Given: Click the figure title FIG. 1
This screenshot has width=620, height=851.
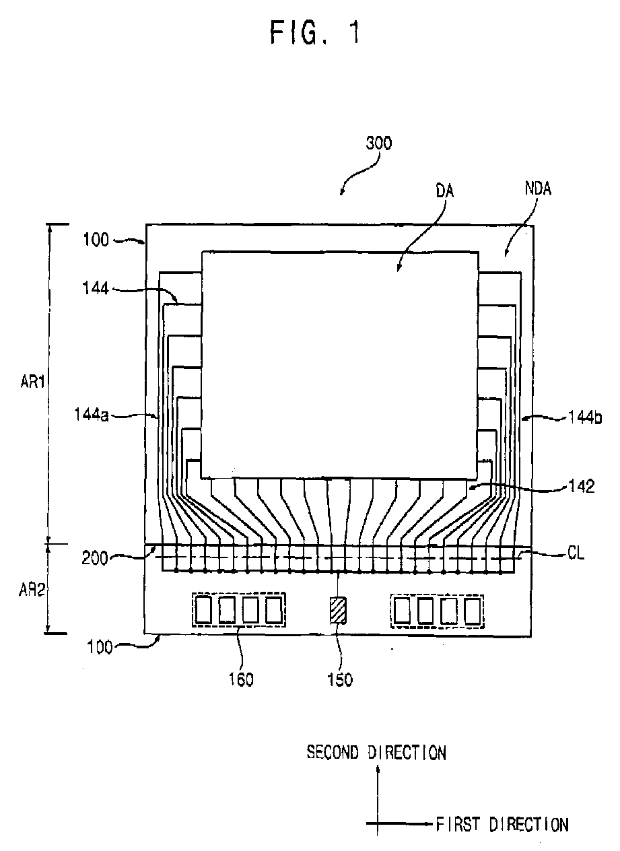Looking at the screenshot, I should [x=314, y=32].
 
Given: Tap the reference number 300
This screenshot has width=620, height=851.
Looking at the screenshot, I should [x=379, y=143].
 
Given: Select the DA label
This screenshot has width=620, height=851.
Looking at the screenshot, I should [x=444, y=191].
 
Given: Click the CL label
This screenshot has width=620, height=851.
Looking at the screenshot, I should [x=576, y=555].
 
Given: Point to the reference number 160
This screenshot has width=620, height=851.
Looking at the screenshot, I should [x=240, y=679].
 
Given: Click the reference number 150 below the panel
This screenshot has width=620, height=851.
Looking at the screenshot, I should [x=339, y=679].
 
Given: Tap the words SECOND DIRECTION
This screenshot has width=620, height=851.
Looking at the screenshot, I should [x=376, y=752].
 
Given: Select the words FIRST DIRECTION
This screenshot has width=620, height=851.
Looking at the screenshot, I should [x=502, y=823].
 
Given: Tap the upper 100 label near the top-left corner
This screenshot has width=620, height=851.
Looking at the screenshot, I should [x=96, y=239].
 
